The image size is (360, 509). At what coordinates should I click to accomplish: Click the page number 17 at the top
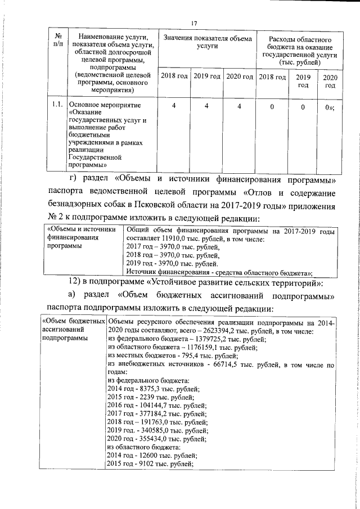pyautogui.click(x=194, y=23)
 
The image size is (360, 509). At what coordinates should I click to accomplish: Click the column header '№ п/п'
pyautogui.click(x=56, y=40)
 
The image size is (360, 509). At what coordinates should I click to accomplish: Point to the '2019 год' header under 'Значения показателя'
pyautogui.click(x=206, y=76)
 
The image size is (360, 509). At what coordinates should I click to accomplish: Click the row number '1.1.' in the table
pyautogui.click(x=56, y=105)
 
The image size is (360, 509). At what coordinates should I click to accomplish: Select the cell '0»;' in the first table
pyautogui.click(x=330, y=105)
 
